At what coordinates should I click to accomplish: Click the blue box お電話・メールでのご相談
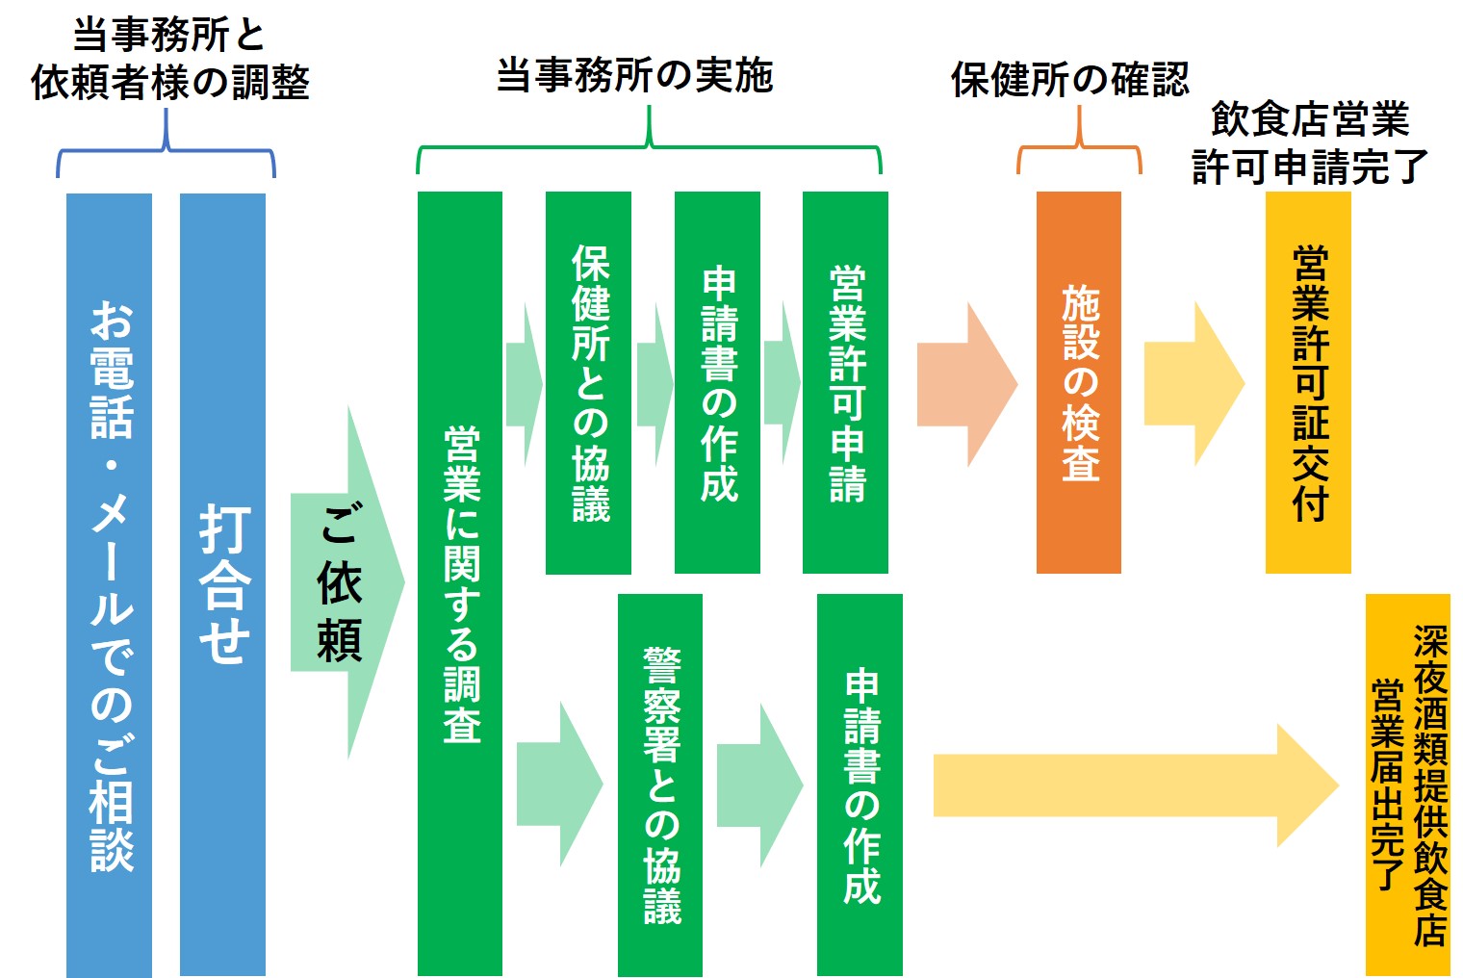[109, 584]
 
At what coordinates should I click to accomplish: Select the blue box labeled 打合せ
[222, 584]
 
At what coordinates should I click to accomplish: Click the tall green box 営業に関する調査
[460, 583]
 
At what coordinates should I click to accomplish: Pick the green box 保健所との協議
[588, 382]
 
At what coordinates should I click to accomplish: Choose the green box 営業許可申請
[845, 382]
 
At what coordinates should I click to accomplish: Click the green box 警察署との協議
[660, 785]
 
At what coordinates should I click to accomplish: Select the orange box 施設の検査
[1079, 382]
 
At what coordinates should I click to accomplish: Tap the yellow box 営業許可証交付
[1308, 382]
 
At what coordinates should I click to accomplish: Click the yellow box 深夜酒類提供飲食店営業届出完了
[1407, 785]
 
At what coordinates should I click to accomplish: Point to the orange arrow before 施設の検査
[965, 383]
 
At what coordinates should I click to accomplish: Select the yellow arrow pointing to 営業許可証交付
[1193, 383]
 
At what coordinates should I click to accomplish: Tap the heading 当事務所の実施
[635, 75]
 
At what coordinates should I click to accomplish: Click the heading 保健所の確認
[1069, 79]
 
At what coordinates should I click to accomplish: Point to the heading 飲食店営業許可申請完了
[1309, 142]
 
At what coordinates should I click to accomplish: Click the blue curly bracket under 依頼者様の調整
[167, 149]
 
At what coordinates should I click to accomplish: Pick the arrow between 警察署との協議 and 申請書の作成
[759, 785]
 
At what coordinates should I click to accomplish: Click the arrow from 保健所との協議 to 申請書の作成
[654, 383]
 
